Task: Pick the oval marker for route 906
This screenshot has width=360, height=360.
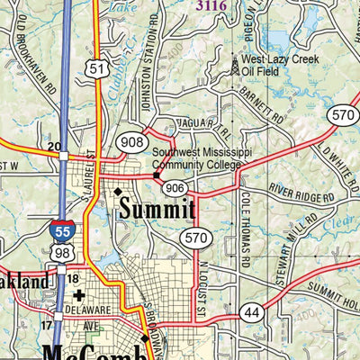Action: [x=174, y=186]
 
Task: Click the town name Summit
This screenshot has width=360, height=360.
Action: [x=155, y=209]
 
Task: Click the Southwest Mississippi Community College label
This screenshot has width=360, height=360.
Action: [x=195, y=159]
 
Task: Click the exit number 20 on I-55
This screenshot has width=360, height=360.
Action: [x=54, y=146]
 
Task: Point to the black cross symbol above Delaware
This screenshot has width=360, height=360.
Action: [x=79, y=293]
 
